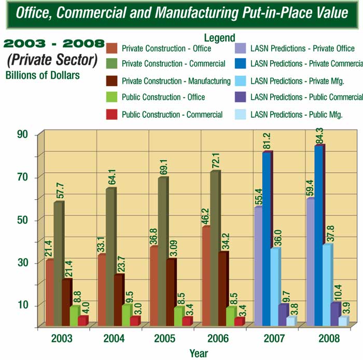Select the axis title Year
[x=199, y=353]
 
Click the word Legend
[x=219, y=38]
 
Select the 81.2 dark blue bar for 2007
[x=267, y=239]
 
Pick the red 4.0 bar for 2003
[x=82, y=321]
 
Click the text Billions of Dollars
[x=43, y=75]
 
